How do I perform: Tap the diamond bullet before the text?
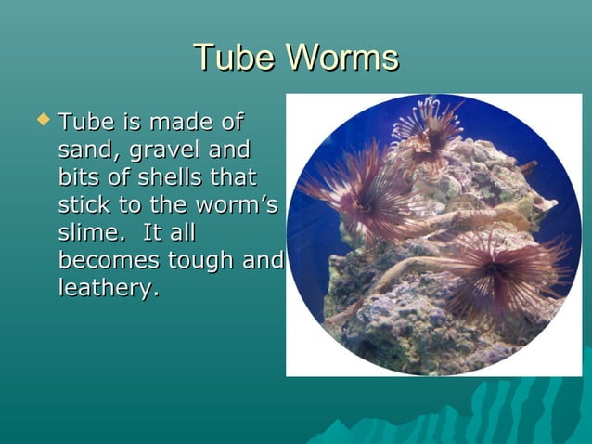coord(40,121)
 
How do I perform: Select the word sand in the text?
coord(78,150)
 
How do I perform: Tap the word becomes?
coord(107,261)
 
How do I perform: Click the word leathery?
coord(108,290)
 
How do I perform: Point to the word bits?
coord(77,177)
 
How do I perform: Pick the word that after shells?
coord(233,177)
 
